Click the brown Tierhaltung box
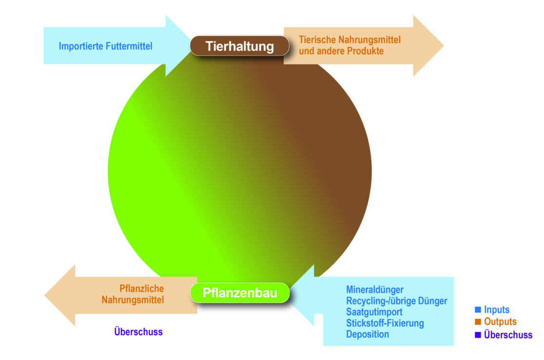click(x=239, y=46)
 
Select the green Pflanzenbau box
click(x=240, y=293)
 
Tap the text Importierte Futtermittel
click(x=105, y=46)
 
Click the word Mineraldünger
click(x=374, y=290)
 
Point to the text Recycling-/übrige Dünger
click(x=396, y=301)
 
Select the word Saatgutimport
click(x=374, y=312)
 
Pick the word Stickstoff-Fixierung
click(x=385, y=323)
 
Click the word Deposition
click(x=368, y=335)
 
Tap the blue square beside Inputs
click(x=478, y=310)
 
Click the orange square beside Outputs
click(x=478, y=322)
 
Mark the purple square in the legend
click(x=478, y=335)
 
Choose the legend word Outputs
click(x=500, y=322)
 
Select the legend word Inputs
click(x=497, y=310)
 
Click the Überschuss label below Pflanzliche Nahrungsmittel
click(x=138, y=332)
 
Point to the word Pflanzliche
click(x=141, y=288)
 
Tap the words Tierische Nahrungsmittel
click(x=350, y=40)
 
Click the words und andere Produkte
click(x=341, y=51)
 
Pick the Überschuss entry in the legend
click(x=508, y=335)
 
